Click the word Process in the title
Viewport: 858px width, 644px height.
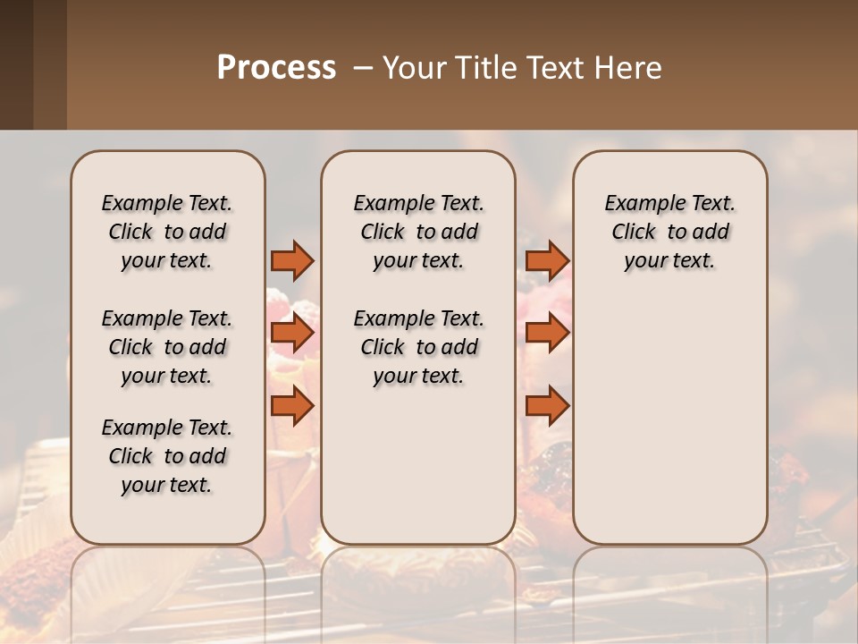click(x=276, y=67)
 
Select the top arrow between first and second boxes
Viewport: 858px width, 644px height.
click(x=292, y=260)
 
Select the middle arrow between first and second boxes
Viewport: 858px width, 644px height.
click(x=292, y=334)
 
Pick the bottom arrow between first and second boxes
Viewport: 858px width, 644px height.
click(x=292, y=406)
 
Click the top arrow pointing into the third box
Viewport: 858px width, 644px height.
click(x=547, y=260)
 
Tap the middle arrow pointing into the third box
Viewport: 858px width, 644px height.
click(x=547, y=334)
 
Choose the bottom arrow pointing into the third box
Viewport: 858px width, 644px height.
click(x=547, y=406)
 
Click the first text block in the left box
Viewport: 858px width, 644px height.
click(x=167, y=232)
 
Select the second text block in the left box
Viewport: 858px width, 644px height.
click(x=167, y=347)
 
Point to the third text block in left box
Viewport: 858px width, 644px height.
click(x=167, y=456)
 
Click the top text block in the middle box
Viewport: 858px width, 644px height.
click(x=418, y=232)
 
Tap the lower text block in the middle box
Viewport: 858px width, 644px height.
click(x=418, y=347)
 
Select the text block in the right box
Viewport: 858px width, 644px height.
click(x=669, y=232)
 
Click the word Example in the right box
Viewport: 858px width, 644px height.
click(x=638, y=204)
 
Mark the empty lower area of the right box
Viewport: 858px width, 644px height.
click(x=669, y=420)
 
